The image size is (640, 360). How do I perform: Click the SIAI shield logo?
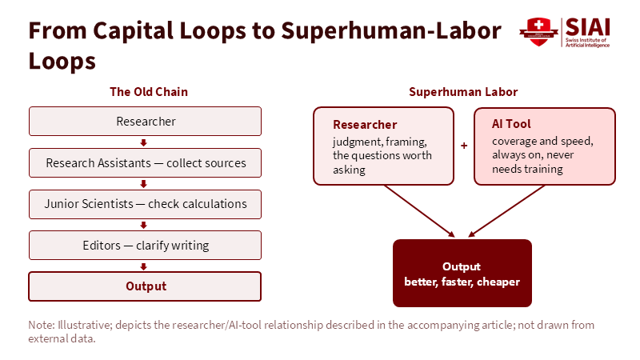coord(538,32)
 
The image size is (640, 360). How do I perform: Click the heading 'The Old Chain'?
coord(149,92)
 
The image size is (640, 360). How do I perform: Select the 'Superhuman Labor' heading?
coord(463,92)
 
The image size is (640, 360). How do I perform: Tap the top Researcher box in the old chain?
coord(145,122)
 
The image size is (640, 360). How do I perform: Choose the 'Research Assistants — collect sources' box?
coord(145,163)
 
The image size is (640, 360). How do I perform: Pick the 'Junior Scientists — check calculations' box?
coord(145,204)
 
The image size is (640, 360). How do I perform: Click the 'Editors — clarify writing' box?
coord(145,246)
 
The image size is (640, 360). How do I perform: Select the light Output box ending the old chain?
coord(145,286)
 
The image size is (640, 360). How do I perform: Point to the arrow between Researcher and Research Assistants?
coord(143,142)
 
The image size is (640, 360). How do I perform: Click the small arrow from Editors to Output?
coord(143,266)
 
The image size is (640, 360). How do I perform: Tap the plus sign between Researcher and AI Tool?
coord(464,146)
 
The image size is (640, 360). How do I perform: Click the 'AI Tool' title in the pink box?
coord(511,124)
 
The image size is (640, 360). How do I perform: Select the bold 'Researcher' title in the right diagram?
coord(365,125)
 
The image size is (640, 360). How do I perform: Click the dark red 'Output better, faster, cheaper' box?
coord(462,273)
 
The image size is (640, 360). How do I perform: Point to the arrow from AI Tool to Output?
coord(506,211)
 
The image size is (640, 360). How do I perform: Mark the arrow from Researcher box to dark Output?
coord(419,211)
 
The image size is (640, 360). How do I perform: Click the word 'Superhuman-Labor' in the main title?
coord(391,31)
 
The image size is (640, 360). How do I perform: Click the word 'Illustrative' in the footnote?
coord(85,325)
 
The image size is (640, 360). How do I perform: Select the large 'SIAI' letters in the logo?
coord(588,27)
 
